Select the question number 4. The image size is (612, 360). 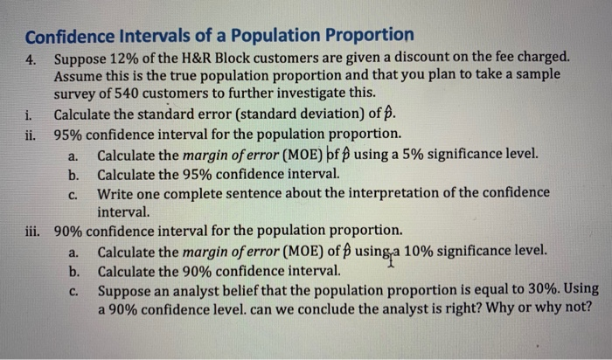pyautogui.click(x=31, y=59)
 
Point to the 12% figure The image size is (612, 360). pyautogui.click(x=128, y=59)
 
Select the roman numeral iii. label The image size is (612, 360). pyautogui.click(x=35, y=232)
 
